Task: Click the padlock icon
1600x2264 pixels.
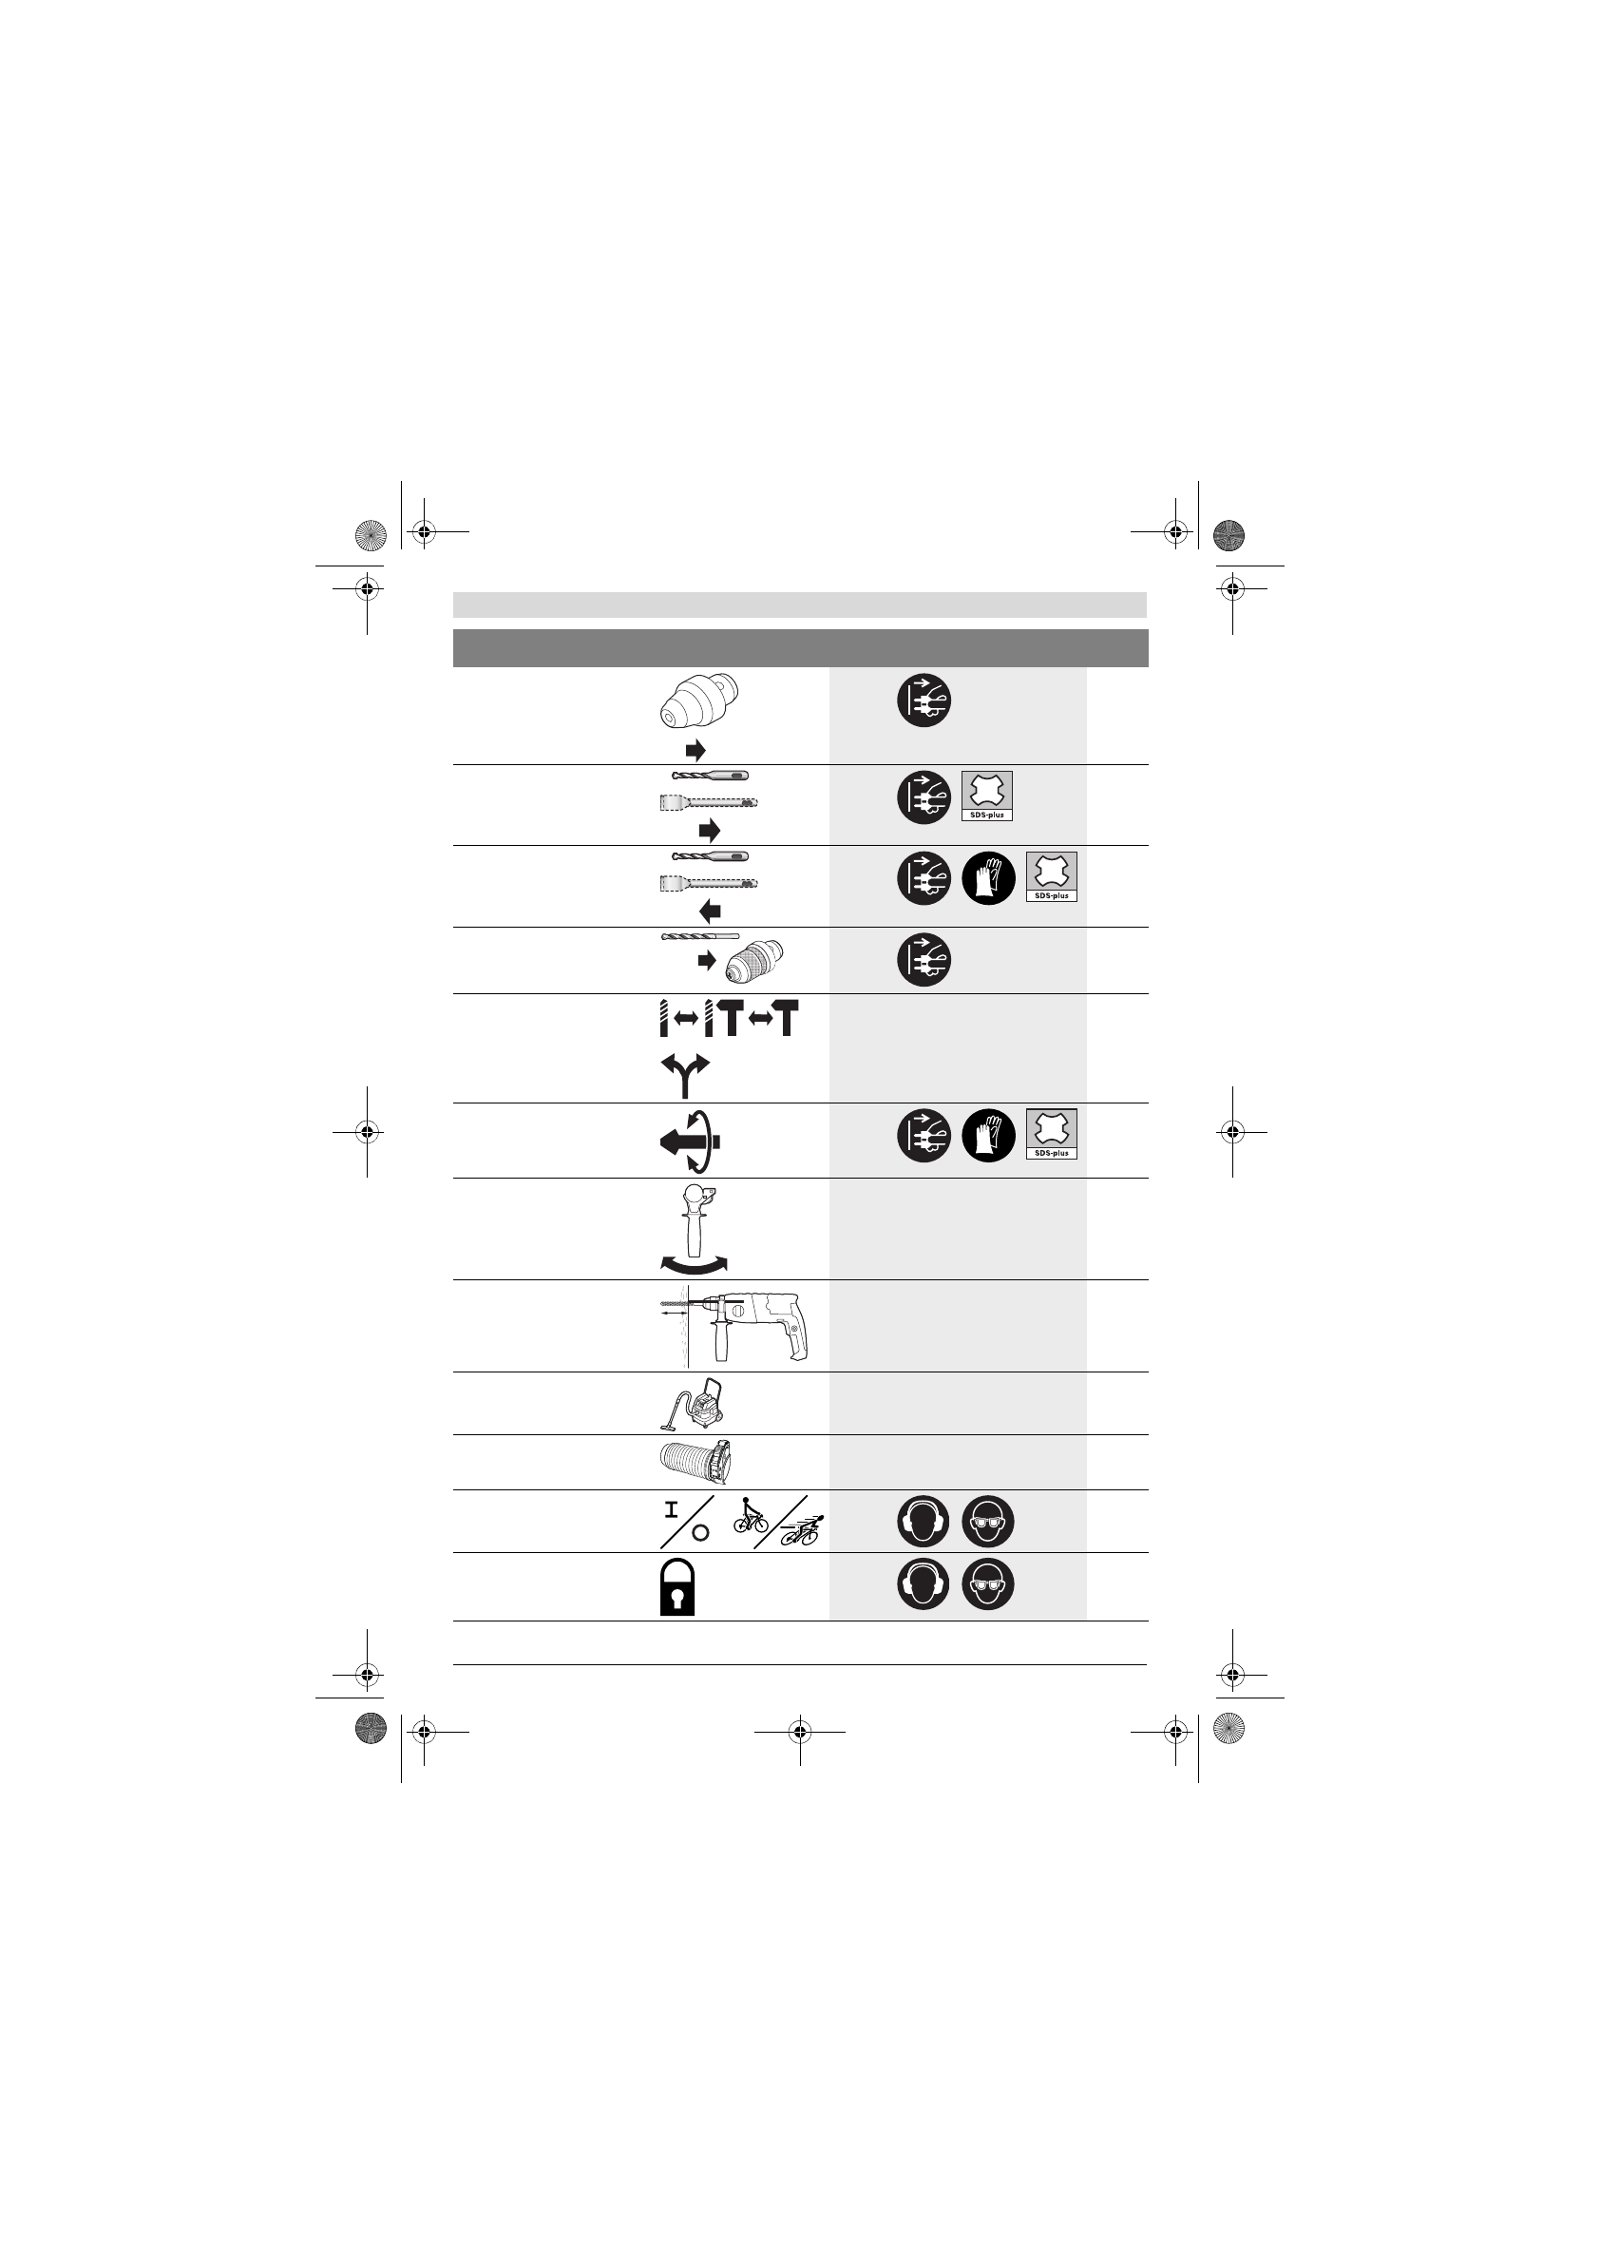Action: tap(677, 1586)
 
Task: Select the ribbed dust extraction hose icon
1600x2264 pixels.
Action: tap(695, 1462)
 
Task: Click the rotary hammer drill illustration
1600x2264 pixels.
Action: tap(734, 1326)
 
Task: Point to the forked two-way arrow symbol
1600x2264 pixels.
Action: tap(685, 1076)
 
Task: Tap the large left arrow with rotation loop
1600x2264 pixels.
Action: tap(691, 1142)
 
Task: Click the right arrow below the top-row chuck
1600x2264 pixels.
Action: tap(696, 751)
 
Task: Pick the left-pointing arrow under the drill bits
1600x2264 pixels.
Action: tap(710, 911)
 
